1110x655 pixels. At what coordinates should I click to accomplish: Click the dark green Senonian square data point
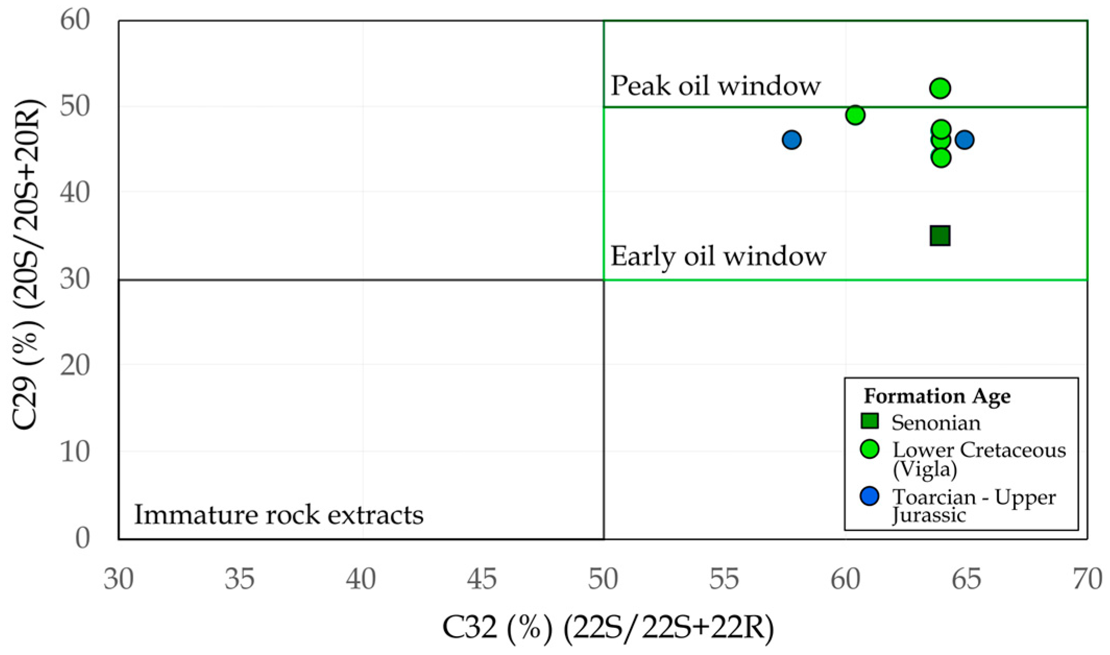[940, 236]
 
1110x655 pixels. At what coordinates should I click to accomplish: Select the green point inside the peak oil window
[940, 88]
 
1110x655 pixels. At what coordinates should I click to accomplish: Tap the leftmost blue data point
[791, 140]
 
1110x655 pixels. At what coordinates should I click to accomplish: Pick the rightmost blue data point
[965, 140]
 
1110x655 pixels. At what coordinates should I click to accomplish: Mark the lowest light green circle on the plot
[941, 157]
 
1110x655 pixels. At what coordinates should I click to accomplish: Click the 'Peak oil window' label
[715, 86]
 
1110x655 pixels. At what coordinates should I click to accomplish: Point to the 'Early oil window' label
[718, 257]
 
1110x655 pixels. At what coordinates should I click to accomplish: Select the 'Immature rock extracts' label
[279, 515]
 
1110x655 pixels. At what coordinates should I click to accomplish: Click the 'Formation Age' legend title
[937, 396]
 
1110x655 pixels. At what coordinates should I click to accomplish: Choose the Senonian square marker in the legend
[870, 421]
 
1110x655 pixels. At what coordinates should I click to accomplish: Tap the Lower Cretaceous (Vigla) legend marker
[870, 450]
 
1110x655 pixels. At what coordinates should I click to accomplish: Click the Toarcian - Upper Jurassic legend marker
[870, 496]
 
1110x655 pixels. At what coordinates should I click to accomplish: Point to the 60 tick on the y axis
[75, 21]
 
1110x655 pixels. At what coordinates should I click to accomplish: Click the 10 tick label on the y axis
[75, 452]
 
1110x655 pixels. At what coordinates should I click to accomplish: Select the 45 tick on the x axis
[482, 579]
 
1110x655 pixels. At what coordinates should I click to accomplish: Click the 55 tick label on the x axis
[724, 579]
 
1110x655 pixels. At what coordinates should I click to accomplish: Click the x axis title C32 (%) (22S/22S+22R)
[608, 628]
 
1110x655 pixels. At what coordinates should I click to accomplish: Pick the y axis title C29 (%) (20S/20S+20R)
[28, 265]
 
